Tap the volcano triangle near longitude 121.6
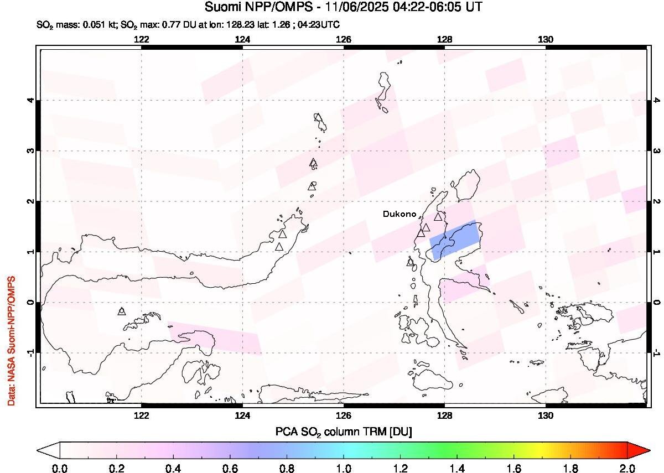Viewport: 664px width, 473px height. (122, 311)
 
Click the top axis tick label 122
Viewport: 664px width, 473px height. (142, 39)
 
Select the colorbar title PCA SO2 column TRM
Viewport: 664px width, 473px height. (343, 431)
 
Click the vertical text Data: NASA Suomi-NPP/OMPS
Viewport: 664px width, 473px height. (11, 341)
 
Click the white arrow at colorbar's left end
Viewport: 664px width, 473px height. (49, 450)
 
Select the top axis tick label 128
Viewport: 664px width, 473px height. (444, 39)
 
